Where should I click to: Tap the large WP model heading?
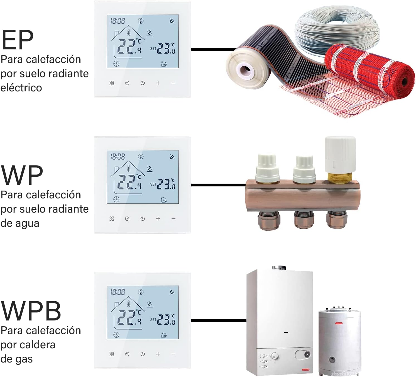pyautogui.click(x=22, y=175)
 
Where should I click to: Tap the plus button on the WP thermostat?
pyautogui.click(x=158, y=219)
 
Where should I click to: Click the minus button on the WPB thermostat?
pyautogui.click(x=173, y=354)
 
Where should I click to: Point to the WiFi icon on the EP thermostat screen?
pyautogui.click(x=172, y=21)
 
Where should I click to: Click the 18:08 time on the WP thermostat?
pyautogui.click(x=118, y=157)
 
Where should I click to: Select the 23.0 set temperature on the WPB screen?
pyautogui.click(x=166, y=320)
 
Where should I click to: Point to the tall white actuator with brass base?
pyautogui.click(x=340, y=157)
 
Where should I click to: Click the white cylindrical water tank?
pyautogui.click(x=340, y=340)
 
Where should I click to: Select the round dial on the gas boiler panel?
pyautogui.click(x=275, y=356)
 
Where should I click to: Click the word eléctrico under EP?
pyautogui.click(x=21, y=88)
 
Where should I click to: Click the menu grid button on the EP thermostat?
pyautogui.click(x=112, y=83)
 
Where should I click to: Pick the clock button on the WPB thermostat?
pyautogui.click(x=127, y=354)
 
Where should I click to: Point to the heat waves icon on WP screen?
pyautogui.click(x=150, y=169)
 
